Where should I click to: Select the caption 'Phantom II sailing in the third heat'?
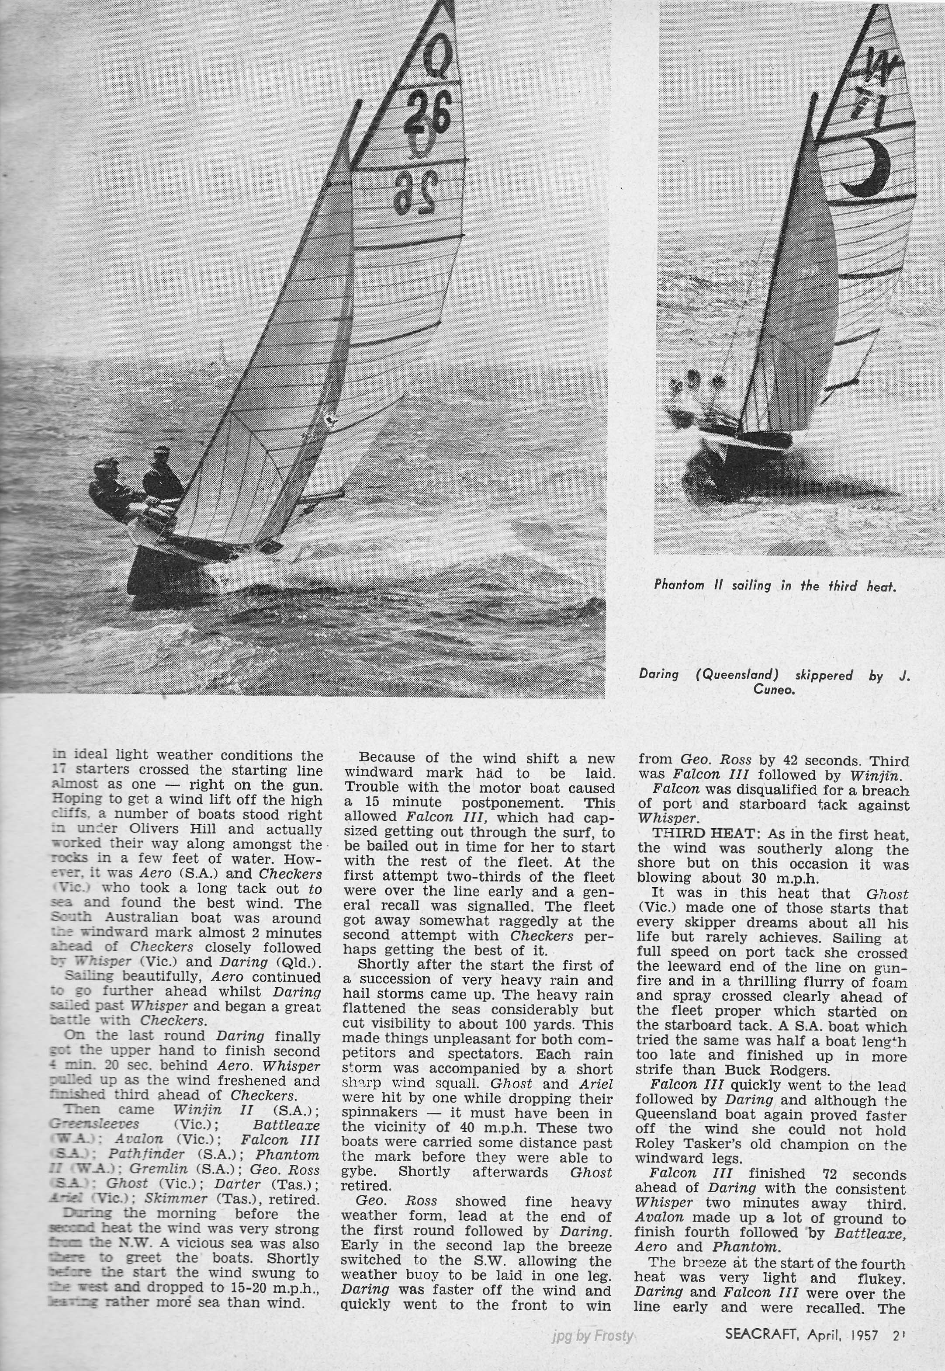point(775,585)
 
